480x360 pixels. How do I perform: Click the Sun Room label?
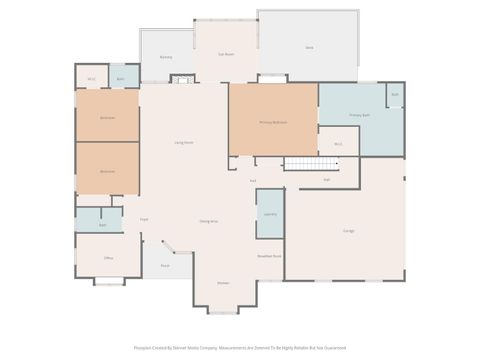226,54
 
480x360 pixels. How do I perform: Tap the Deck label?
309,48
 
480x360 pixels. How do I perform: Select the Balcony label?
166,57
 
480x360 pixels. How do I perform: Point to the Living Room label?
184,143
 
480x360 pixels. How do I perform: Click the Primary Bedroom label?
273,122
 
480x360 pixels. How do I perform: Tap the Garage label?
349,231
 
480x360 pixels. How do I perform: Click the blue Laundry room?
270,214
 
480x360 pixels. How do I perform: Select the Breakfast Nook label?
269,256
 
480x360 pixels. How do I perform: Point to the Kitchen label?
224,283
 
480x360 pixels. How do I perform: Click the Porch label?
165,266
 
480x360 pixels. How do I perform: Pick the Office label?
108,258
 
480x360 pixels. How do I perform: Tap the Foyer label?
144,219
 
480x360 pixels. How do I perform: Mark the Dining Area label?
209,221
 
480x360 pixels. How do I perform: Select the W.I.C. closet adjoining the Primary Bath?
338,144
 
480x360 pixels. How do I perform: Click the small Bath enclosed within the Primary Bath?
395,95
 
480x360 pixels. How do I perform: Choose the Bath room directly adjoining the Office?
102,225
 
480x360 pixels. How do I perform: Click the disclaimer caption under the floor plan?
240,348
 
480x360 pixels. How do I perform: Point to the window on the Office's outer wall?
108,282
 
